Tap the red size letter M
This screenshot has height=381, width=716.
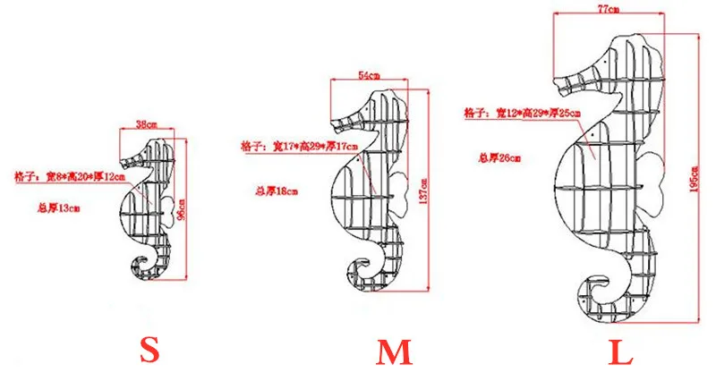pyautogui.click(x=394, y=351)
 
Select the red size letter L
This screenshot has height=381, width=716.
pyautogui.click(x=621, y=351)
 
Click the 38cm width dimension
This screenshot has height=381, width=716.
pyautogui.click(x=146, y=124)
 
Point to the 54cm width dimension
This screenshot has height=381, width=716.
pyautogui.click(x=370, y=74)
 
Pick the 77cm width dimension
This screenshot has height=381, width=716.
pyautogui.click(x=608, y=9)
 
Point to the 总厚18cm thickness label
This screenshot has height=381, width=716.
pyautogui.click(x=277, y=190)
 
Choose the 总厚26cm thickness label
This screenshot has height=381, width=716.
pyautogui.click(x=499, y=157)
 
